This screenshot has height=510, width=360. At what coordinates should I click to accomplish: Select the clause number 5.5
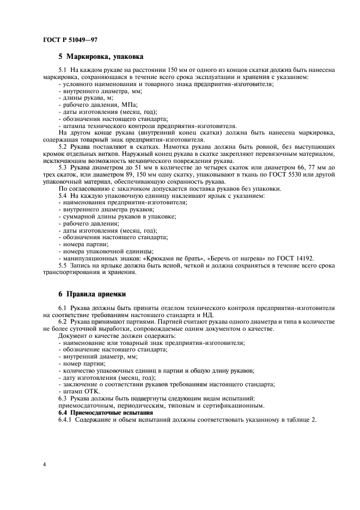[64, 265]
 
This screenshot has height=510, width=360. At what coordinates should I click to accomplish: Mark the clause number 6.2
[64, 321]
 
